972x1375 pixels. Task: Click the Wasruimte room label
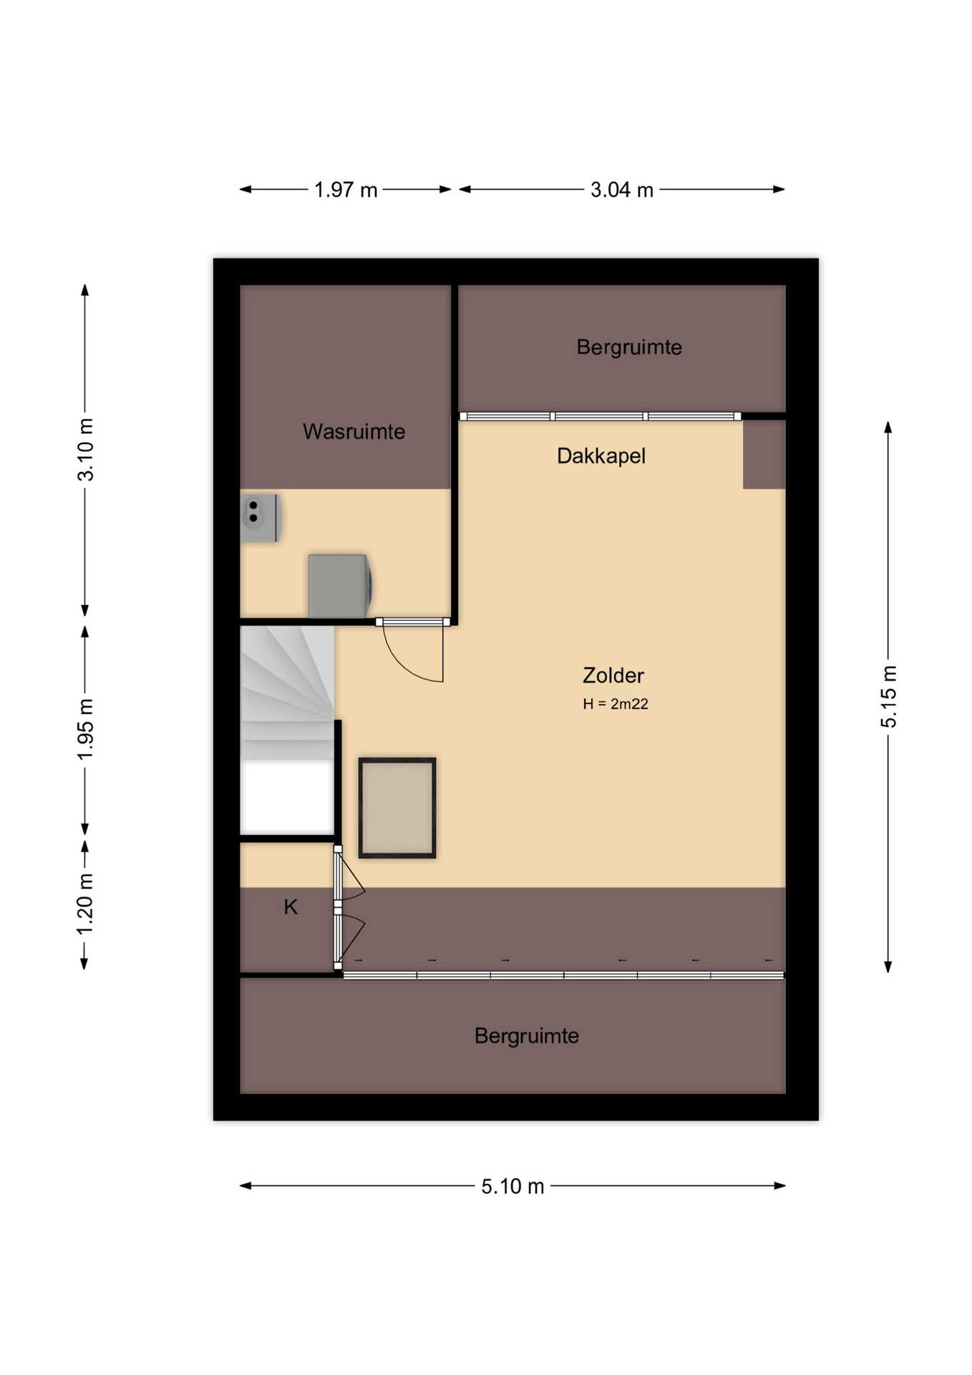click(x=354, y=431)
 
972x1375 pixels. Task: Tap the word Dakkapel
click(x=601, y=456)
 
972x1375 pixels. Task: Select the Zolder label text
click(x=613, y=675)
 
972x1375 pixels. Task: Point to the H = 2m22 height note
click(x=615, y=704)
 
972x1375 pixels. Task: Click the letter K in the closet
click(x=291, y=907)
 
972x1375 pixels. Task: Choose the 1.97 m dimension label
click(x=346, y=190)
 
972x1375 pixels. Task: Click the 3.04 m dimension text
click(x=621, y=190)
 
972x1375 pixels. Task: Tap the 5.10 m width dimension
click(x=512, y=1187)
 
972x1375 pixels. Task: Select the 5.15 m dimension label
click(x=888, y=697)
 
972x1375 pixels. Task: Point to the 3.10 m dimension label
click(x=85, y=450)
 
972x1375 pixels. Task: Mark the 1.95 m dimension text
click(x=85, y=729)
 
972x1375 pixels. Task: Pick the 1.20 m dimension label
click(x=85, y=904)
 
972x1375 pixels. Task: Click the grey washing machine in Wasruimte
click(x=340, y=586)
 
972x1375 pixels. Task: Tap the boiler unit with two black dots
click(x=260, y=518)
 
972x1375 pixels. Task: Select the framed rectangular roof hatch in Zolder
click(x=397, y=807)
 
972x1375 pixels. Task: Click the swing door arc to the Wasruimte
click(x=404, y=666)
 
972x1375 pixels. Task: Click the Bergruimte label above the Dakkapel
click(x=629, y=347)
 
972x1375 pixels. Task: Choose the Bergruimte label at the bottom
click(x=526, y=1036)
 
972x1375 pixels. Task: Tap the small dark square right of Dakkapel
click(x=764, y=455)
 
